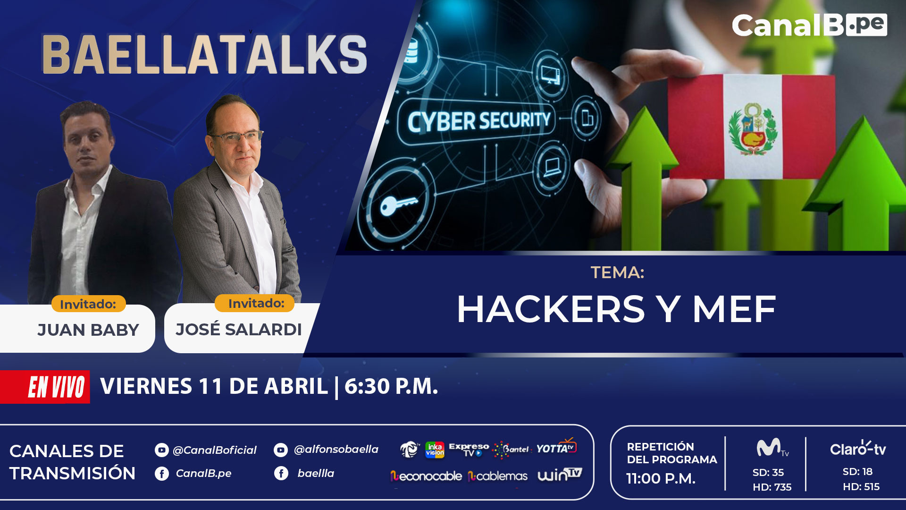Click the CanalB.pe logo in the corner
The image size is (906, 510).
point(809,25)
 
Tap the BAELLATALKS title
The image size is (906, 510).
point(204,55)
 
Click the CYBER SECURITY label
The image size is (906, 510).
point(479,121)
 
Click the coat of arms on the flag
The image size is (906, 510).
point(752,128)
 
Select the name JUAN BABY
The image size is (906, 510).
point(88,330)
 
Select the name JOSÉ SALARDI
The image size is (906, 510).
point(239,329)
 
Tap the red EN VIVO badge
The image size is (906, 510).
point(45,387)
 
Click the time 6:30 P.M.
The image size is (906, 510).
point(391,386)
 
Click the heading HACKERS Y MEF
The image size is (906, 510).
point(616,309)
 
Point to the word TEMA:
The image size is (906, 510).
point(617,272)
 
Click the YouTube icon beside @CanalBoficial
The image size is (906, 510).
point(161,450)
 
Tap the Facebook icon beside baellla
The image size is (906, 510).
point(281,473)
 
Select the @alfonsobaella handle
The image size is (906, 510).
point(336,449)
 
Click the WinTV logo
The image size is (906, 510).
point(560,475)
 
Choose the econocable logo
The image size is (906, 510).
point(426,476)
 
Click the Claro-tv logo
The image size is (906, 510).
point(858,448)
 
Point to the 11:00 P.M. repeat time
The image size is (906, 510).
point(661,478)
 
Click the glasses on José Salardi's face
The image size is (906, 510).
point(236,137)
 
